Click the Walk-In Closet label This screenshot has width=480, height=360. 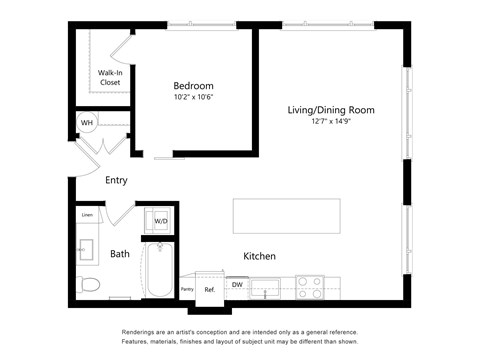(x=110, y=77)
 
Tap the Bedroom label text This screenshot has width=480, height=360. (x=193, y=86)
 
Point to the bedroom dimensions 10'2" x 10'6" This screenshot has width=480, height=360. (x=193, y=98)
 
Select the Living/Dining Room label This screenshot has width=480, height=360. (x=330, y=110)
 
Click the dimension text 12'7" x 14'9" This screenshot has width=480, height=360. (x=330, y=122)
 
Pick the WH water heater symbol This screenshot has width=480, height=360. (x=87, y=124)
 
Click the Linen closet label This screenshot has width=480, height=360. (x=87, y=215)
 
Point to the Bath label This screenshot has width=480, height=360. (x=120, y=254)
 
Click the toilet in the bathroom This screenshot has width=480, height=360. (x=88, y=284)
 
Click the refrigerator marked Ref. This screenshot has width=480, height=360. (x=210, y=288)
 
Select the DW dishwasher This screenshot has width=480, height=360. (x=237, y=285)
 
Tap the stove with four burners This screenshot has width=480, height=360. (x=310, y=288)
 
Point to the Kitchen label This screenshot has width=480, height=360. (x=259, y=257)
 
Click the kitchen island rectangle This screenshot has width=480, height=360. (x=286, y=216)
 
